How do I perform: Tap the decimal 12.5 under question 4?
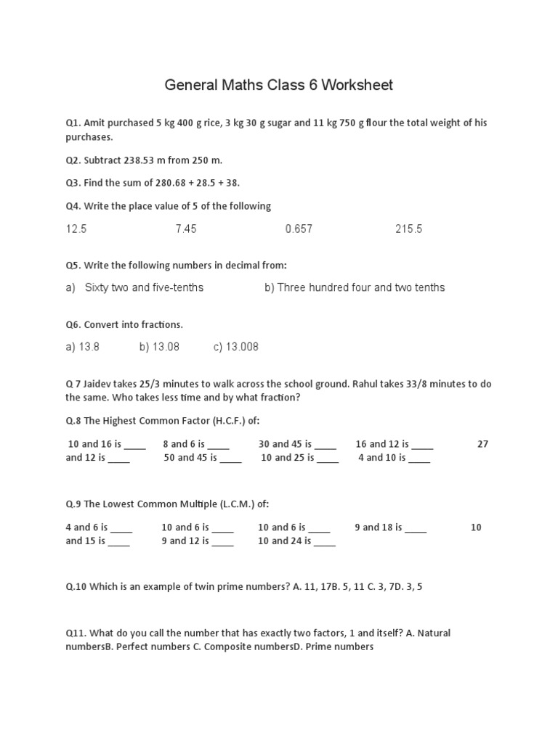[x=76, y=229]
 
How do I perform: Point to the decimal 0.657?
[x=299, y=229]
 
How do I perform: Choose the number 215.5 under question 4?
[x=408, y=229]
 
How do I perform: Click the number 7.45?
[x=186, y=229]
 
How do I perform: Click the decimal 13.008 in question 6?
[x=242, y=347]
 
